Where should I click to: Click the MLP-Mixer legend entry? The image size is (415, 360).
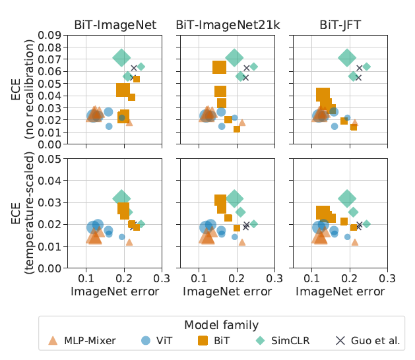tap(83, 341)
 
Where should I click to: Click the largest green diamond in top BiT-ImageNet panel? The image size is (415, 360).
tap(121, 57)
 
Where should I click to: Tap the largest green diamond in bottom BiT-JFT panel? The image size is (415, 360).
tap(347, 198)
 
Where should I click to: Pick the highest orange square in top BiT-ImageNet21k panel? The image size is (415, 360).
tap(220, 67)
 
